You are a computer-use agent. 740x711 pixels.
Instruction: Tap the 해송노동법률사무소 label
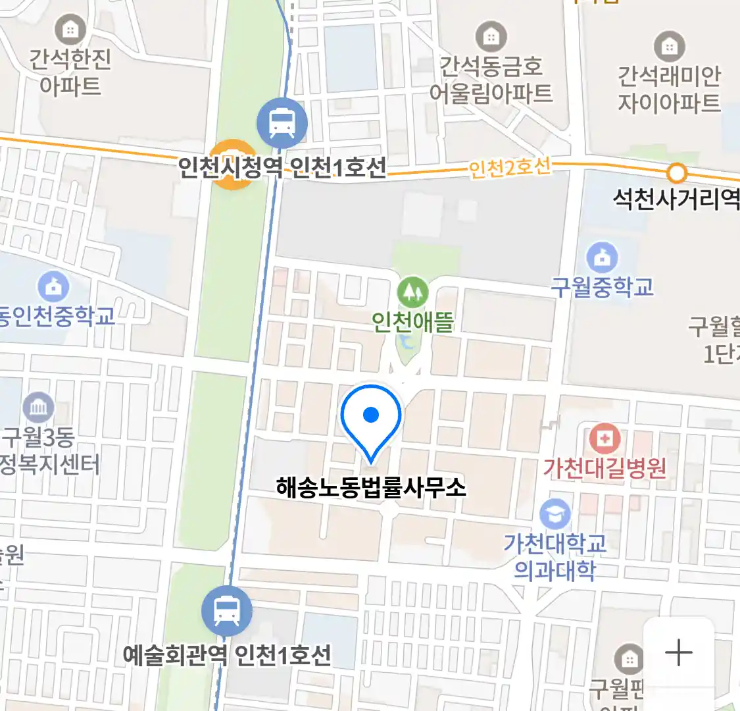[371, 488]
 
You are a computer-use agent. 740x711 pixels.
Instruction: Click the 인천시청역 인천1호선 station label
[283, 168]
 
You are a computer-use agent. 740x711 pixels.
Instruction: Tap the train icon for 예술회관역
[227, 611]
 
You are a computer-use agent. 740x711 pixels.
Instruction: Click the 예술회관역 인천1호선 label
[227, 655]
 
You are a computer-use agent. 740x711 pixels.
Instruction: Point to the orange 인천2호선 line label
[509, 168]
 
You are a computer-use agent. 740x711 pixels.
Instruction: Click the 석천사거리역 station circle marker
[676, 173]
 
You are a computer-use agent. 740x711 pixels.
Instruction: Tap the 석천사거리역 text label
[676, 199]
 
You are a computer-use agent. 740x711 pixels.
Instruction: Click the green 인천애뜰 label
[412, 322]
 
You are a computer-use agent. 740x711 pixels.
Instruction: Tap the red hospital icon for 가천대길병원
[604, 438]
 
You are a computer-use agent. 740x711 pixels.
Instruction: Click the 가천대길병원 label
[604, 468]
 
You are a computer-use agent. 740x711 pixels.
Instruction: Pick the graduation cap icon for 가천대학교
[555, 515]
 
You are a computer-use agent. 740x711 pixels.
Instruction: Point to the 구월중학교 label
[602, 288]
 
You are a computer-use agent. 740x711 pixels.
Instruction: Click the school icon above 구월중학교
[602, 258]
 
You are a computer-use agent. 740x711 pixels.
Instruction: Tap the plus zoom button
[678, 653]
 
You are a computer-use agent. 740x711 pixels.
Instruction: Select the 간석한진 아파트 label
[70, 72]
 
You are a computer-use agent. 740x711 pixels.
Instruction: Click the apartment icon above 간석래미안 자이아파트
[670, 47]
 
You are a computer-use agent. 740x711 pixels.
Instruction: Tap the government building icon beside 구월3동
[38, 408]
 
